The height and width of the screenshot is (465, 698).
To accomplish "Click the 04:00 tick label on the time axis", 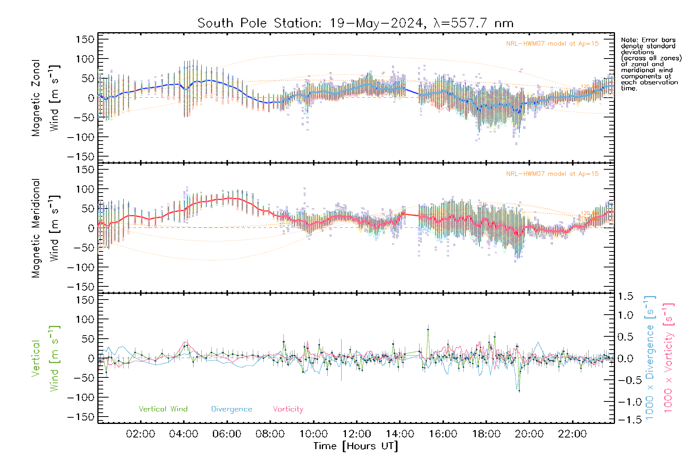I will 183,434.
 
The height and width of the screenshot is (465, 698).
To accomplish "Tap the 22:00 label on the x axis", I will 572,434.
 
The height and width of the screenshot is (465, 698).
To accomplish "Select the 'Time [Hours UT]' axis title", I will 355,446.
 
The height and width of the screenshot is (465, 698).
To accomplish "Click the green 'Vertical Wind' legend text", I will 163,409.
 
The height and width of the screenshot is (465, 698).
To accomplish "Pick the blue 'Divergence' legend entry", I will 232,409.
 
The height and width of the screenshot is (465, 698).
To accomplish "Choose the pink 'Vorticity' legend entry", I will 288,409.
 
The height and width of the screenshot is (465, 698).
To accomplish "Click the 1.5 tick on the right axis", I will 625,296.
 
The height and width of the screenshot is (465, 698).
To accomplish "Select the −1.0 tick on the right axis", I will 628,402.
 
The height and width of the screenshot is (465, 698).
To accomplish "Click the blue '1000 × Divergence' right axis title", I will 650,358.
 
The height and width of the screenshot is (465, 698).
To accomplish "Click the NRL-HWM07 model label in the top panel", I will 552,44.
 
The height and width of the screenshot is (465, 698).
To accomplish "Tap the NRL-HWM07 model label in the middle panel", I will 552,174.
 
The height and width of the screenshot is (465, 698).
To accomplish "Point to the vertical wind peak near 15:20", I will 428,329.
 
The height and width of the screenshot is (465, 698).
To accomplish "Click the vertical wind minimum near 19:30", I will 518,390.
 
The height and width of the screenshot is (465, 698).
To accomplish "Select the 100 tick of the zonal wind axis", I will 85,59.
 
